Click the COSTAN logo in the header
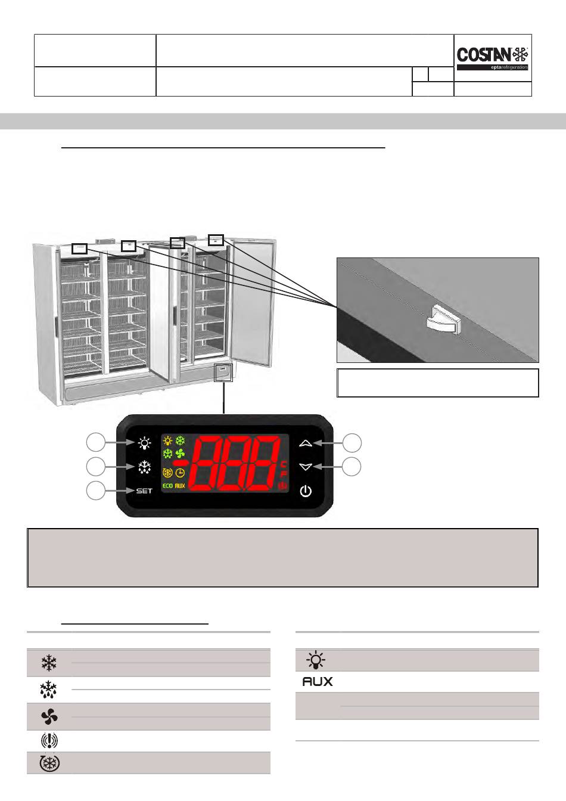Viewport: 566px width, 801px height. (x=492, y=56)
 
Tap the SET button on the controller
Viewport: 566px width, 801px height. (x=144, y=491)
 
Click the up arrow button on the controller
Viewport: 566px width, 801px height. (x=306, y=443)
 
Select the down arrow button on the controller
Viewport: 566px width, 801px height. (x=306, y=467)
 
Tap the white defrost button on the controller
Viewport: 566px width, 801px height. (x=144, y=467)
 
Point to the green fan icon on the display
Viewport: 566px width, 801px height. (x=180, y=454)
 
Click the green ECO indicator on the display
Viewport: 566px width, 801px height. (x=167, y=486)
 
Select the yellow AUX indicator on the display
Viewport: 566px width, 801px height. (x=181, y=486)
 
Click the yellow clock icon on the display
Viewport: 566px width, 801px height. (x=180, y=473)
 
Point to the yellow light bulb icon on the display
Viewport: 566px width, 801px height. (x=167, y=442)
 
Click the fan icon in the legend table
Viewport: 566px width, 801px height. (x=49, y=717)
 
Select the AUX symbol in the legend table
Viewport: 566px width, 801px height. (x=317, y=681)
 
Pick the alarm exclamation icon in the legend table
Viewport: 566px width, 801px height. (x=49, y=741)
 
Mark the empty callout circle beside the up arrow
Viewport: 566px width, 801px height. (x=352, y=443)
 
